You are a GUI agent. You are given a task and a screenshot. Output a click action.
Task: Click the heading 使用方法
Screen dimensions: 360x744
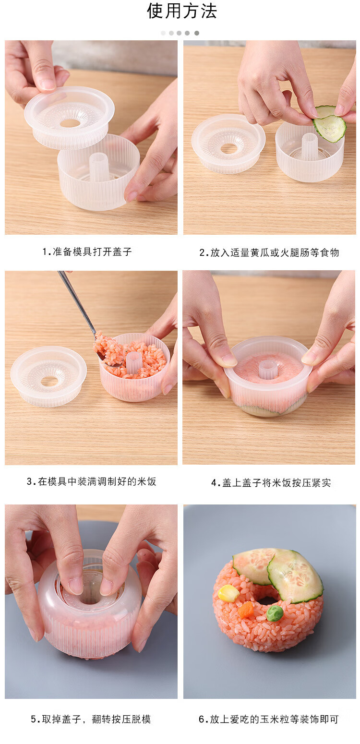pos(181,11)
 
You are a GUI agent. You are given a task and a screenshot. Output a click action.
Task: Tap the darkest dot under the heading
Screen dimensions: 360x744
pos(197,33)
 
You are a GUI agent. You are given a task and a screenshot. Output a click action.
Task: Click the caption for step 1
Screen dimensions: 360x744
pos(87,252)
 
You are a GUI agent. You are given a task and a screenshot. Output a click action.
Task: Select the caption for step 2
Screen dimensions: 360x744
pos(269,253)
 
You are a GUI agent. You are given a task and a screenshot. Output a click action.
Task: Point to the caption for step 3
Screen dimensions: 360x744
pos(91,481)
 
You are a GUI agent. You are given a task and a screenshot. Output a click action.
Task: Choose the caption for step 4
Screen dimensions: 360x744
pos(271,482)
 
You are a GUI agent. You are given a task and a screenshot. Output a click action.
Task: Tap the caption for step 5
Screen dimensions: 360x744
pos(91,719)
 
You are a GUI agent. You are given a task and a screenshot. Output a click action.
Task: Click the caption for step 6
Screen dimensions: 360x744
pos(269,719)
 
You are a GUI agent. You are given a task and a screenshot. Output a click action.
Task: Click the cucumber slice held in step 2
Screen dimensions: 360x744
pos(329,123)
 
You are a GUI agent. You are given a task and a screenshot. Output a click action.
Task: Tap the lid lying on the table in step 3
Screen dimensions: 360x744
pos(48,376)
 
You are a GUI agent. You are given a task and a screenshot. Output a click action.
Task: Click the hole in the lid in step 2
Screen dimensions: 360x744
pos(229,149)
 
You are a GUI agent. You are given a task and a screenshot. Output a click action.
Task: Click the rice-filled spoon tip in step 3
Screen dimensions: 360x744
pos(105,349)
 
